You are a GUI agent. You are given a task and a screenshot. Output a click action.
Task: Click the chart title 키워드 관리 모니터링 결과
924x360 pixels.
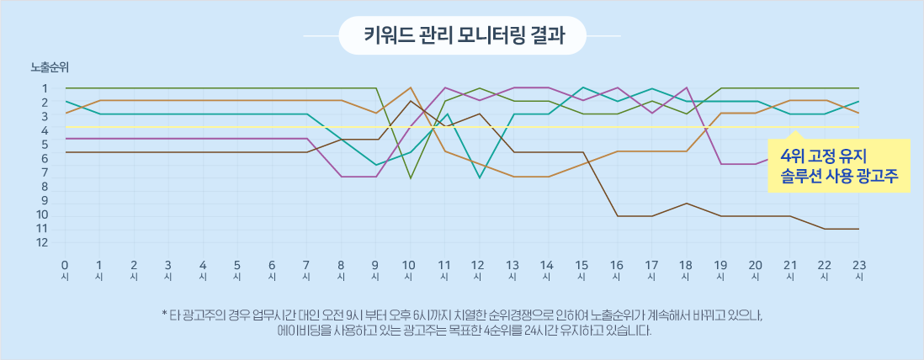(463, 36)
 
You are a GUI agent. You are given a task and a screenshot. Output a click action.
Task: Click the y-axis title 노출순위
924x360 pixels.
(50, 68)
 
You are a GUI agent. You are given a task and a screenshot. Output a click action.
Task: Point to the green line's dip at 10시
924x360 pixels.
(410, 178)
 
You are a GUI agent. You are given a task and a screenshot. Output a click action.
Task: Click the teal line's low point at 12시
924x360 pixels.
(479, 177)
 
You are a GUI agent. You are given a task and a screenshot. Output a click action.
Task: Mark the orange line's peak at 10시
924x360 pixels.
(410, 87)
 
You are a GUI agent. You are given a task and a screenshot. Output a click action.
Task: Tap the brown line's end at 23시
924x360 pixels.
(858, 228)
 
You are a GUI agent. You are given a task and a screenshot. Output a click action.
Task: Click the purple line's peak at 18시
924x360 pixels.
(687, 87)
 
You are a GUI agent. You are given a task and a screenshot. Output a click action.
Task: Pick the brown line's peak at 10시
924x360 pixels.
(410, 101)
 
